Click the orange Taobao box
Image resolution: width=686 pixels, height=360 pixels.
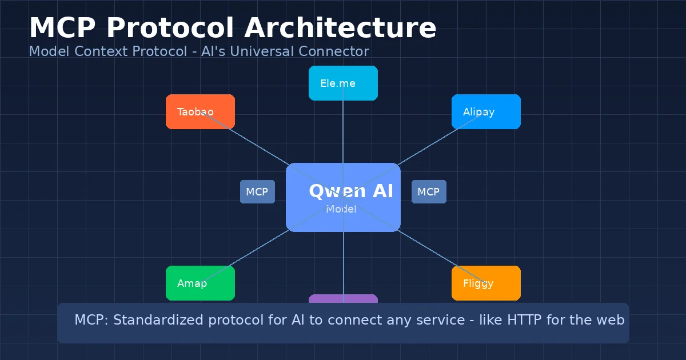click(200, 111)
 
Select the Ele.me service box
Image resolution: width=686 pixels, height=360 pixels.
click(343, 83)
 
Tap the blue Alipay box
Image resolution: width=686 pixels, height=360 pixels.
click(486, 111)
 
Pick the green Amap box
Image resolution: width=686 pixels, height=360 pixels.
click(200, 283)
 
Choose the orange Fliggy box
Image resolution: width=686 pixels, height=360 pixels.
click(486, 283)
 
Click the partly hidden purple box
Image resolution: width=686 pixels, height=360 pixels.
click(343, 298)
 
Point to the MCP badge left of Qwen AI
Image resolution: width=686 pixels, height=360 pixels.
click(257, 191)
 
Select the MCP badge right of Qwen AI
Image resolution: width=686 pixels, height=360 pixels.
click(429, 191)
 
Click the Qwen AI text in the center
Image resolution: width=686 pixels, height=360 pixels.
click(351, 191)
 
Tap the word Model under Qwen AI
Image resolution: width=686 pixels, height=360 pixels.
click(341, 209)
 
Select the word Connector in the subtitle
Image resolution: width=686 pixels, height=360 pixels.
click(338, 51)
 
